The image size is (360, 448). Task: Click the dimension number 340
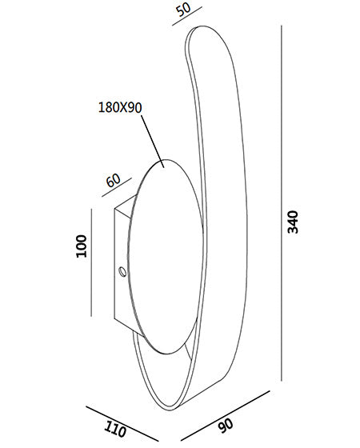point(293,222)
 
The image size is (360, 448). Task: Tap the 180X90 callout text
point(120,107)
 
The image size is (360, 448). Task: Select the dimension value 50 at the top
point(183,10)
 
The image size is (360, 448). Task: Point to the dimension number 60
point(114,180)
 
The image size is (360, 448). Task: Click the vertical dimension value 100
point(81,246)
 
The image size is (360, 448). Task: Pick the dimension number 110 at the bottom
point(115,429)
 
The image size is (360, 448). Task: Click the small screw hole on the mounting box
point(122,271)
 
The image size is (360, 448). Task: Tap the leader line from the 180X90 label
point(152,141)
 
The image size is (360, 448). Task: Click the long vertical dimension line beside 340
point(282,203)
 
